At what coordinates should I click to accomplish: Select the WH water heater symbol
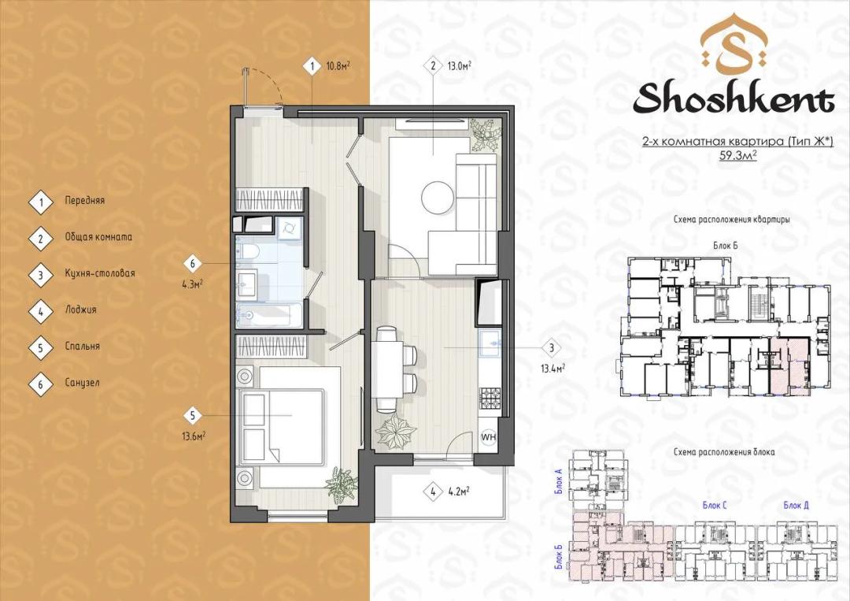489,436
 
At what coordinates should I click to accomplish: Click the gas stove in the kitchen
490,399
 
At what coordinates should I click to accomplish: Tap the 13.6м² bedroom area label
194,436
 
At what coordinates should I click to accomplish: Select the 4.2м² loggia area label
459,492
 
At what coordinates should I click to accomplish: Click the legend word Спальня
83,346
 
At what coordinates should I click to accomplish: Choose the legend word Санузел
83,382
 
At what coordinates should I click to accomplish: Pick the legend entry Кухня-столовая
100,273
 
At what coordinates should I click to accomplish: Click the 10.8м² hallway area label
337,66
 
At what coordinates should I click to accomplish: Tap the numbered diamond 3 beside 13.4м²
552,348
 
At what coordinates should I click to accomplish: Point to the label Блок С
715,505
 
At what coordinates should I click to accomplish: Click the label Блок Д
796,505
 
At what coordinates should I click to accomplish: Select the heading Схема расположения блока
724,452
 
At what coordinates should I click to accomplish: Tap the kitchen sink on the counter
490,344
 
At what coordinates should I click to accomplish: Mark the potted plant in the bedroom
342,484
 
